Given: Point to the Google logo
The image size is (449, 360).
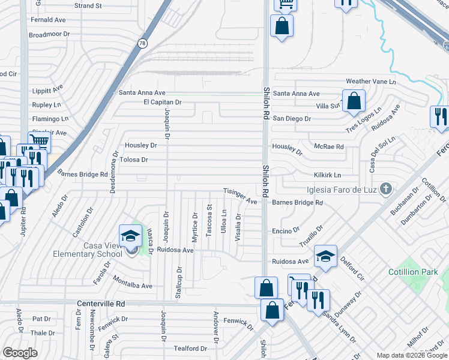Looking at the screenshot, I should pos(20,353).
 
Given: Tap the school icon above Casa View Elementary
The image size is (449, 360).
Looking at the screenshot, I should pos(130,236).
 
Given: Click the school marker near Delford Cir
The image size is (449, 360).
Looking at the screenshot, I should pos(325,256).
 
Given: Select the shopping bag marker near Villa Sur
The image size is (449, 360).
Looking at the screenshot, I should pos(354,101).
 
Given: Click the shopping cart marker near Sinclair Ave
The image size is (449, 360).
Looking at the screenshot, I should pos(39,142).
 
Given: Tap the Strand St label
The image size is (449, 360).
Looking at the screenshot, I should pos(88,5).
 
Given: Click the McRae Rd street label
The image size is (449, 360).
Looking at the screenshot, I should pos(328,146).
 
